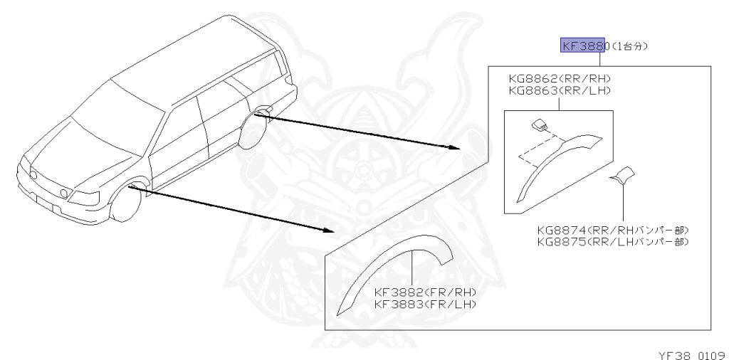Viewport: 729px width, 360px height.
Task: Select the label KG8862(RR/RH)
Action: coord(559,79)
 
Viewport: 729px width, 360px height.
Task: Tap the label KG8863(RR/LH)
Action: coord(559,90)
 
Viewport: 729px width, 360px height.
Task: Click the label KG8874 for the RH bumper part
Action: coord(613,231)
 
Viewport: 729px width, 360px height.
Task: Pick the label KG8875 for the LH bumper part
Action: coord(613,242)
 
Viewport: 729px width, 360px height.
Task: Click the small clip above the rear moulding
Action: coord(540,127)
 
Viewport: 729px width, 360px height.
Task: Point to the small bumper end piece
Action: coord(624,175)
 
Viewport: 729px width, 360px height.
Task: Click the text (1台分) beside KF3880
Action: coord(631,46)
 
